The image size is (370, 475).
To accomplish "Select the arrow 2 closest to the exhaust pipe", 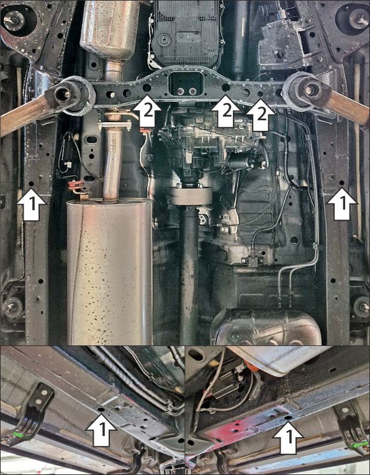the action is click(147, 111).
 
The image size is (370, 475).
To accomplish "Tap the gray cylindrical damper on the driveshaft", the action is click(190, 196).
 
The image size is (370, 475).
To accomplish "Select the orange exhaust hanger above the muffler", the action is click(76, 185).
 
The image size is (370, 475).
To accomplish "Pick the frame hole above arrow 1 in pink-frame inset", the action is click(288, 417).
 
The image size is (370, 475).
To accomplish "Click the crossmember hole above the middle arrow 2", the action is click(226, 88).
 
